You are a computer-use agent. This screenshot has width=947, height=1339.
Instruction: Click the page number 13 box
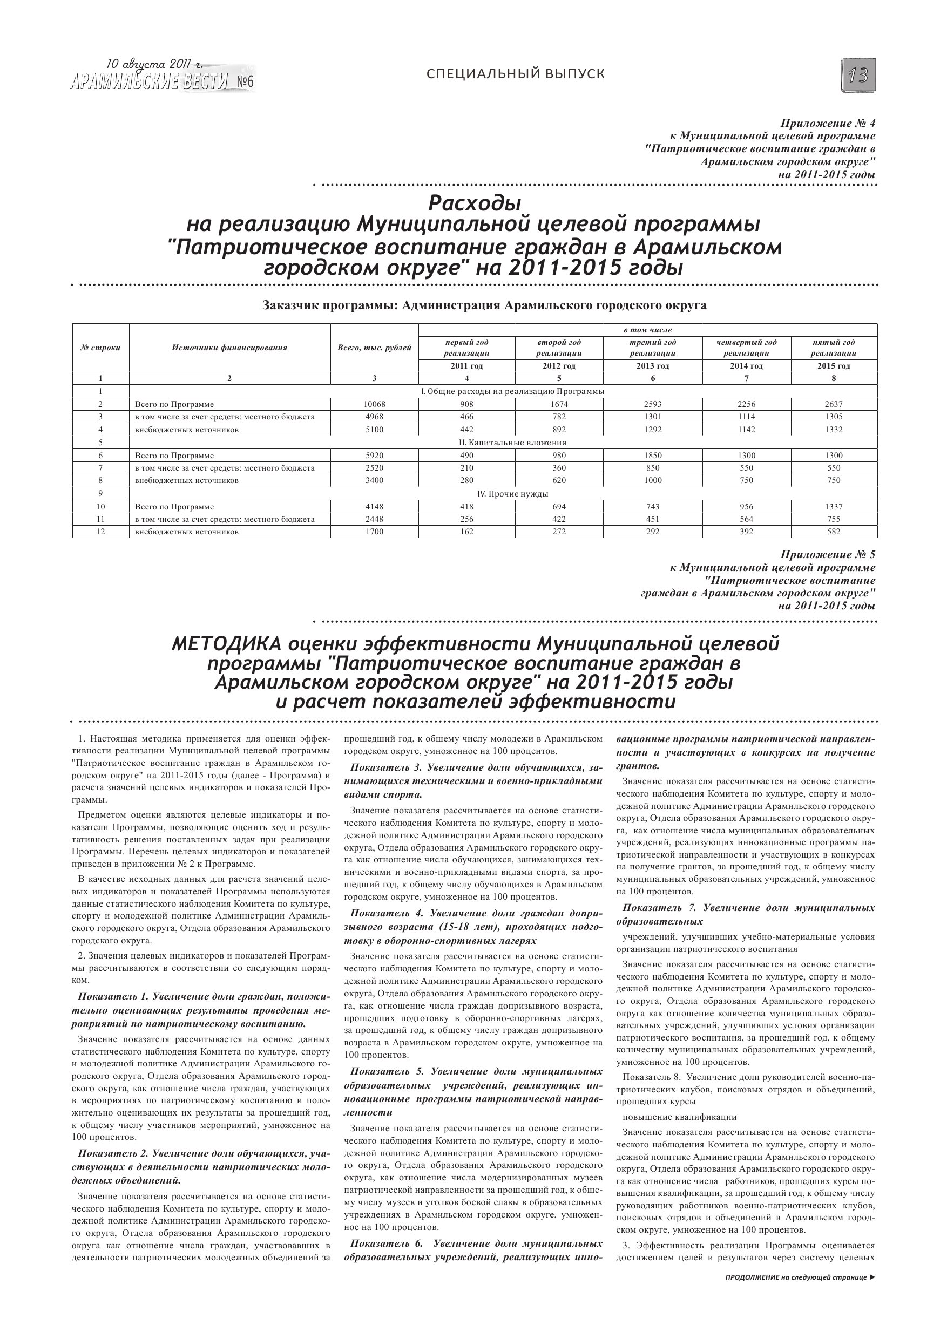click(858, 76)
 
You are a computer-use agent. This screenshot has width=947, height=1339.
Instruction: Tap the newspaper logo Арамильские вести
click(150, 82)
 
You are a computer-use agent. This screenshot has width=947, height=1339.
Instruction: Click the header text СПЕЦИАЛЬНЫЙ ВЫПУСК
click(515, 74)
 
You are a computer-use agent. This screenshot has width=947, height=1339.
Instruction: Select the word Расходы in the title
click(475, 203)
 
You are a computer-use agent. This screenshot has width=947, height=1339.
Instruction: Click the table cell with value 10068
click(374, 404)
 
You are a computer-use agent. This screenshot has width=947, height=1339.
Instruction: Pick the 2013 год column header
click(652, 366)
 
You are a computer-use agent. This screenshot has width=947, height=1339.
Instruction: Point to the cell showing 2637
click(833, 404)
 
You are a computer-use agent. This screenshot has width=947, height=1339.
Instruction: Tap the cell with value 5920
click(374, 456)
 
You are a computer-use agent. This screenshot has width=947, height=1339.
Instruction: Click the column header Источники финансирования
click(229, 348)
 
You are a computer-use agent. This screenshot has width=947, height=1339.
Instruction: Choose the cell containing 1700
click(374, 532)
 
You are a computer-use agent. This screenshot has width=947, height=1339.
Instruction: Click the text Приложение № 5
click(827, 555)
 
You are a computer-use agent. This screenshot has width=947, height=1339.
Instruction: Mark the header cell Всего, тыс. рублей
click(374, 348)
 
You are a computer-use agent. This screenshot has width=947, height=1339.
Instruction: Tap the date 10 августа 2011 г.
click(154, 65)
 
